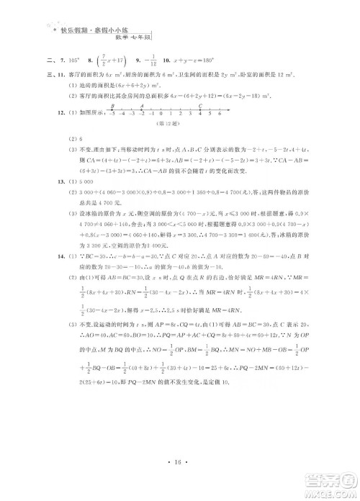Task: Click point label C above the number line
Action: point(199,105)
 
